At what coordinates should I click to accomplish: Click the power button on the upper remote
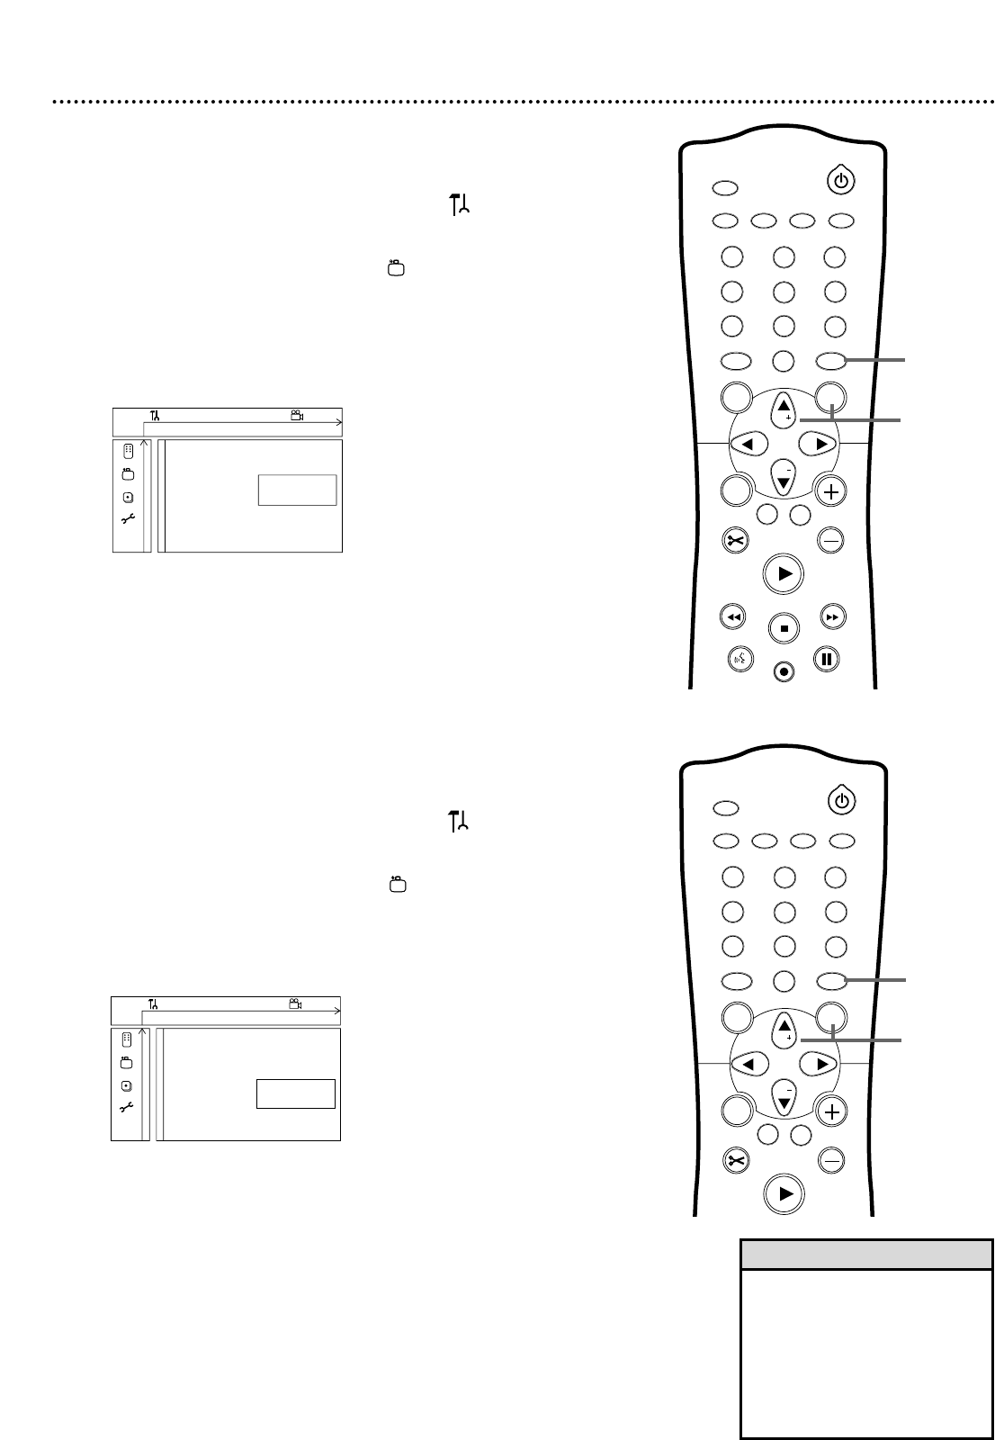pyautogui.click(x=840, y=181)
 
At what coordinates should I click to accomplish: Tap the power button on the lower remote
pyautogui.click(x=840, y=799)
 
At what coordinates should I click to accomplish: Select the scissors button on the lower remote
pyautogui.click(x=735, y=1161)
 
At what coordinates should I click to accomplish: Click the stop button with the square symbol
pyautogui.click(x=784, y=628)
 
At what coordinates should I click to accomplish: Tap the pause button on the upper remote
pyautogui.click(x=826, y=659)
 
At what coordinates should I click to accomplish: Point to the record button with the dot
pyautogui.click(x=784, y=671)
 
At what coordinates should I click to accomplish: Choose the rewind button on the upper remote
pyautogui.click(x=733, y=617)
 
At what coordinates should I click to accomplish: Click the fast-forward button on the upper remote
pyautogui.click(x=834, y=617)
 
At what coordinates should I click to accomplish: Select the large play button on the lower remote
pyautogui.click(x=785, y=1193)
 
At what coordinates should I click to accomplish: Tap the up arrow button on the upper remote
pyautogui.click(x=784, y=408)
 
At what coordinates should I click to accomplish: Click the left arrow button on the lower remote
pyautogui.click(x=748, y=1064)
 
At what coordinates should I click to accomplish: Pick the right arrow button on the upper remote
pyautogui.click(x=819, y=443)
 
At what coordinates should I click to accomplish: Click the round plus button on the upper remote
pyautogui.click(x=831, y=491)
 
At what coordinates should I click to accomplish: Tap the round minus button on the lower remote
pyautogui.click(x=832, y=1161)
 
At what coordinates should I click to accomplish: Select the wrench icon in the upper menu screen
pyautogui.click(x=128, y=518)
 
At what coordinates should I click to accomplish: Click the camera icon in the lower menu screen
pyautogui.click(x=295, y=1003)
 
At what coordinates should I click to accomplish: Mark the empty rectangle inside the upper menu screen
pyautogui.click(x=297, y=490)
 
